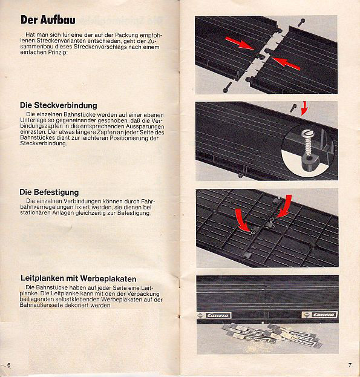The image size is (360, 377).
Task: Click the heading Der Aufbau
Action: tap(48, 20)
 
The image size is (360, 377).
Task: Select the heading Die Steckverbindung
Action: tap(59, 105)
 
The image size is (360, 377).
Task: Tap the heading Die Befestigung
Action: tap(49, 192)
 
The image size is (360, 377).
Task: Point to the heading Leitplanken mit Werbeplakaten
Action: tap(78, 278)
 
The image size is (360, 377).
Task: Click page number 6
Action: tap(9, 366)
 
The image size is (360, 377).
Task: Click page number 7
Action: tap(350, 365)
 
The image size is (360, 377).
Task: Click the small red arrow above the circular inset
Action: tap(304, 108)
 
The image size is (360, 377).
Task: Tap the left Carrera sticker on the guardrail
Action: tap(214, 315)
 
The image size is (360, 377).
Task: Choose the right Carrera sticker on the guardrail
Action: tap(319, 315)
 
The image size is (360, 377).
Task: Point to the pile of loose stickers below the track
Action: tap(270, 335)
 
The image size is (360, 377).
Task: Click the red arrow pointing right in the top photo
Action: tap(240, 43)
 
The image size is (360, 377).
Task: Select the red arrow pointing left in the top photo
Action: tap(286, 64)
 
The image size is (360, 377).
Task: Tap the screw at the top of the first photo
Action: tap(301, 22)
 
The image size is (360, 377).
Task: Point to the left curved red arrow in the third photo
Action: tap(243, 220)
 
